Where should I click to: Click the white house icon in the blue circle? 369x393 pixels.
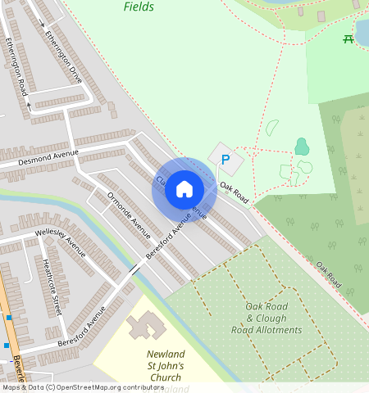[184, 189]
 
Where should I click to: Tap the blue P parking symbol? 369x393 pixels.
[225, 159]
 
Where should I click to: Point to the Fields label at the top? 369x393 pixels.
[139, 7]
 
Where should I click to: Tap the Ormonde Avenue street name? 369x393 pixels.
[130, 217]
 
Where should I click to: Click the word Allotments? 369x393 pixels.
[273, 330]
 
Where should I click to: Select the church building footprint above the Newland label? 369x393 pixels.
[146, 325]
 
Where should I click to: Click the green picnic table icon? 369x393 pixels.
[348, 38]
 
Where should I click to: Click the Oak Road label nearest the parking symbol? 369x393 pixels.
[234, 193]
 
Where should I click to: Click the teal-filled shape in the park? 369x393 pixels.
[302, 147]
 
